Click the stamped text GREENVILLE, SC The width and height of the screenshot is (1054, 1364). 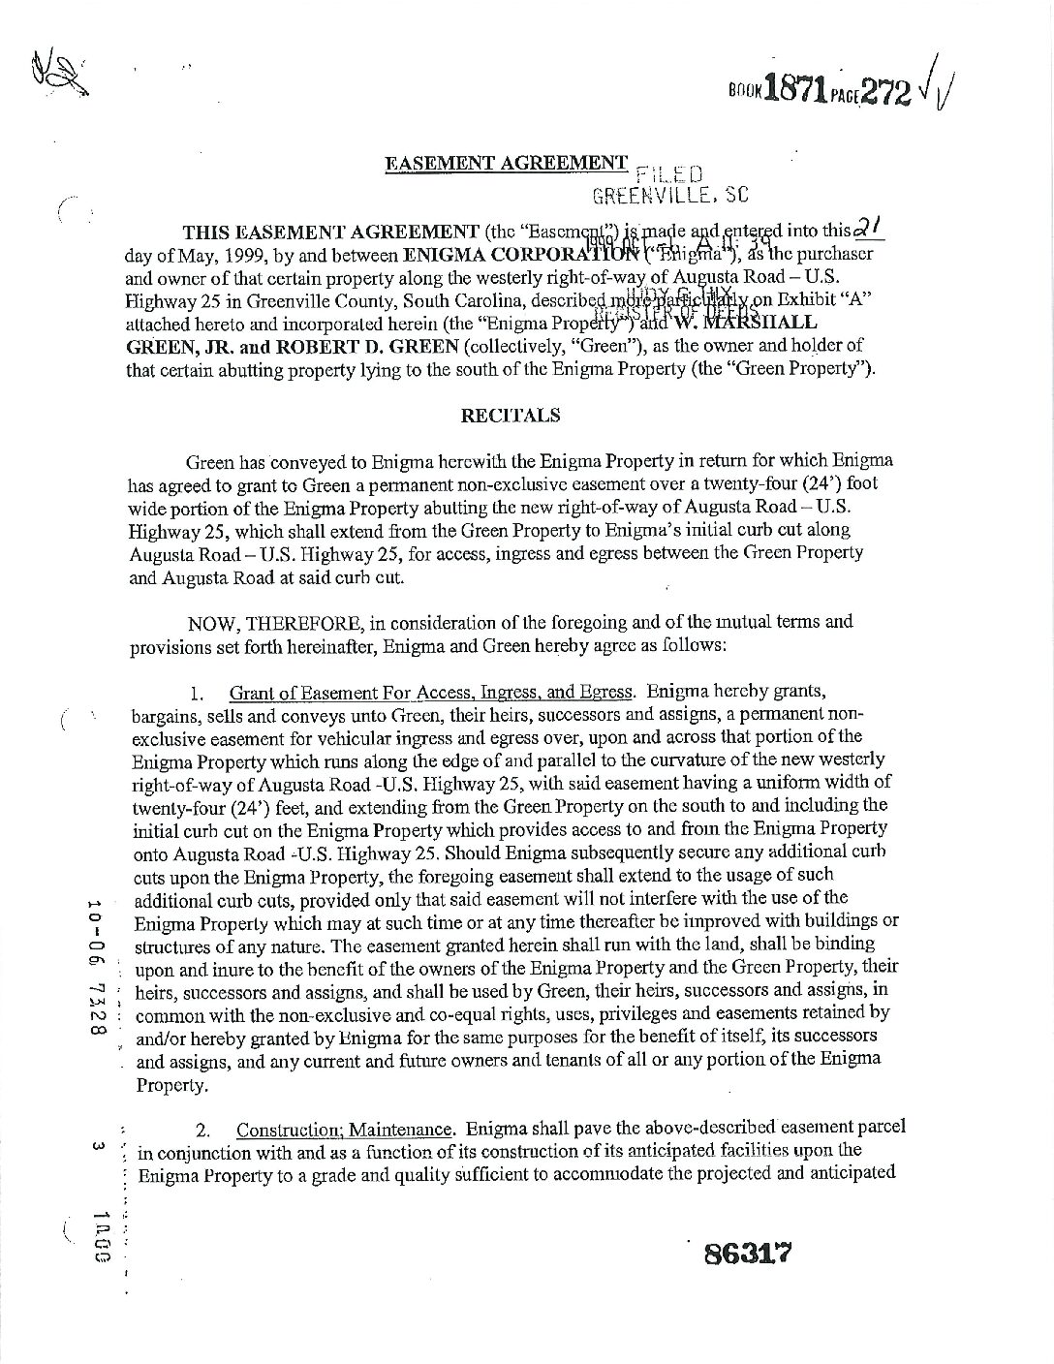(671, 195)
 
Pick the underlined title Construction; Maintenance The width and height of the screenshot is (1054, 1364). (344, 1130)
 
